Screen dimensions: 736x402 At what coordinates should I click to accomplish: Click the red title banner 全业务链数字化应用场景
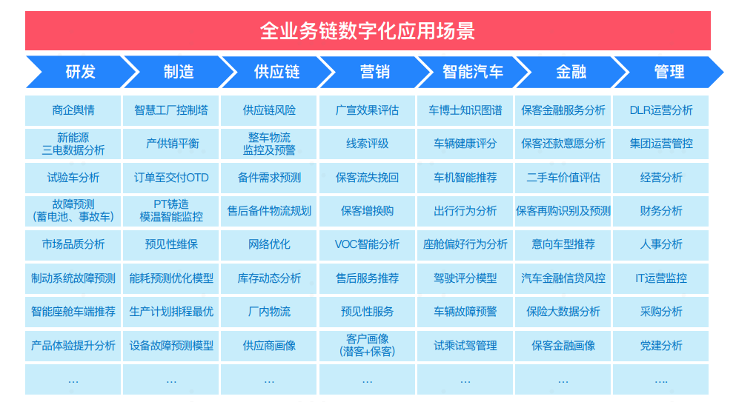point(368,30)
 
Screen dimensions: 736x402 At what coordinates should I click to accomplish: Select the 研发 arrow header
point(81,72)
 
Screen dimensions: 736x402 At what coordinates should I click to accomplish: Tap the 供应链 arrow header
point(277,72)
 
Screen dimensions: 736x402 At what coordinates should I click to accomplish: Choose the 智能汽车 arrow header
point(473,72)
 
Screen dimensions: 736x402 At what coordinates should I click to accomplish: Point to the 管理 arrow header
point(669,72)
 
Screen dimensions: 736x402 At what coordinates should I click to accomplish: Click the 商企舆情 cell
point(73,110)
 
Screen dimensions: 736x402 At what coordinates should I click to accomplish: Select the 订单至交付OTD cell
point(171,178)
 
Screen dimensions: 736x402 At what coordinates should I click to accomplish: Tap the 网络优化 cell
point(270,244)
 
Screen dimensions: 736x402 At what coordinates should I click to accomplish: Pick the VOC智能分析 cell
point(367,244)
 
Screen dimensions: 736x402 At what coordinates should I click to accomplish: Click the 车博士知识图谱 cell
point(465,110)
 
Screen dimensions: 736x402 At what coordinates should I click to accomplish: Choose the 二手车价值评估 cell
point(563,178)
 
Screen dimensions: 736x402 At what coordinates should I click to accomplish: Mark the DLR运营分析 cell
point(661,110)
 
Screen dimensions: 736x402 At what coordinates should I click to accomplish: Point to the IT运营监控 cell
point(661,278)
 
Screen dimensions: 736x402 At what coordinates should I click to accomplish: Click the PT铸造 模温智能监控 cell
point(171,210)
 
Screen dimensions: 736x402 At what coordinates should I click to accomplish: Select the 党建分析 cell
point(661,346)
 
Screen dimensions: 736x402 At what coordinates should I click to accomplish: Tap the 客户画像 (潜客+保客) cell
point(367,346)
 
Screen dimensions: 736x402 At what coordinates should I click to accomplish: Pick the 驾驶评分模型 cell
point(465,278)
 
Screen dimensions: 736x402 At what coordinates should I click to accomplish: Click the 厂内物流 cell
point(270,312)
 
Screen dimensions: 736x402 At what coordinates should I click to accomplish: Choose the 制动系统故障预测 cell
point(73,278)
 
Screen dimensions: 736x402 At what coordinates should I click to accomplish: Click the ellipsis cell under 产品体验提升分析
point(73,380)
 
